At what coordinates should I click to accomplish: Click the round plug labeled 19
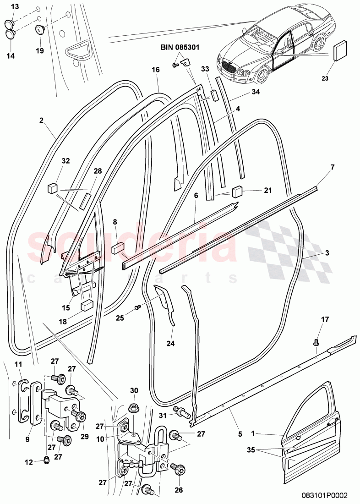point(40,31)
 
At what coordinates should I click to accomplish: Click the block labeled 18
point(87,306)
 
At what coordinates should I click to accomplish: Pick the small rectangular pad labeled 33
point(213,96)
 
